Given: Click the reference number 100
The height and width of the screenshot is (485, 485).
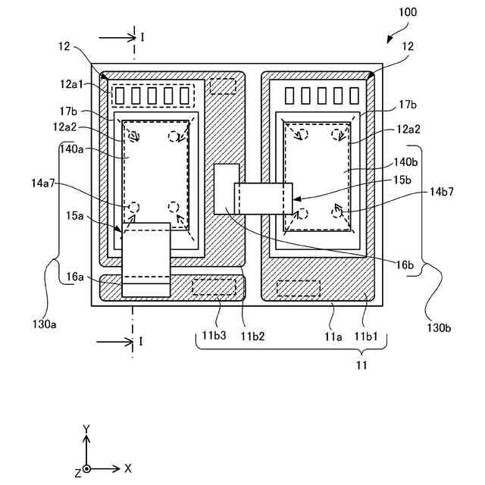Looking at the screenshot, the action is [x=408, y=12].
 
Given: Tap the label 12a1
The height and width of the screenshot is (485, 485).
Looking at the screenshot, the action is [x=72, y=84].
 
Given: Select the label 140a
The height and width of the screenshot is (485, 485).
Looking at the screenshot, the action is [x=72, y=149].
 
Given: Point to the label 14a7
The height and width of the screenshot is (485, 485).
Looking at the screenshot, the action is [x=42, y=183].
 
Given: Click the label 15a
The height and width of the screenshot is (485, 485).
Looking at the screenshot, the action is [x=75, y=215].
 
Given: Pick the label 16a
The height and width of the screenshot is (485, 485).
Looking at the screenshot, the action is [x=75, y=277].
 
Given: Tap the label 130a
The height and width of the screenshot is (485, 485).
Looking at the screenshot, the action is [x=45, y=324].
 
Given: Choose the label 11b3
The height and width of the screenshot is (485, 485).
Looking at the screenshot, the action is [x=214, y=335].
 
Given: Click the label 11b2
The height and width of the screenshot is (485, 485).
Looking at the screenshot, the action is [x=252, y=336].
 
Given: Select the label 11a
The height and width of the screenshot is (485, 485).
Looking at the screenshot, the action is [x=333, y=336].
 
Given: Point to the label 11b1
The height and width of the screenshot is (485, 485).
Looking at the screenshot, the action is [x=366, y=336].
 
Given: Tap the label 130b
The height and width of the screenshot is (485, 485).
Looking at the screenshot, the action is [x=439, y=327].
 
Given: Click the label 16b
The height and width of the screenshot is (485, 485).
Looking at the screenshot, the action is [x=405, y=265].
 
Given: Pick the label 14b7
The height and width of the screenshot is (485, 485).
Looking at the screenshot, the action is [x=442, y=192].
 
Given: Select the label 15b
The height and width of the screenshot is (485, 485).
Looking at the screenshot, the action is [x=402, y=180].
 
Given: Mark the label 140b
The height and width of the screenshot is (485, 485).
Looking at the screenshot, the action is [x=405, y=162].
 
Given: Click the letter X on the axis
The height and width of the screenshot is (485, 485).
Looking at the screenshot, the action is [x=128, y=468].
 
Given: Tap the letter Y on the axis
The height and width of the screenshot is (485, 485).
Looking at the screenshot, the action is [x=86, y=430].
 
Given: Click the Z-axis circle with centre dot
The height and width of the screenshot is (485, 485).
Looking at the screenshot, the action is [x=86, y=469].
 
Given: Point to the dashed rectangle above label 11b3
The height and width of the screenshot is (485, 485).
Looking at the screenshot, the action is [x=214, y=286].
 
